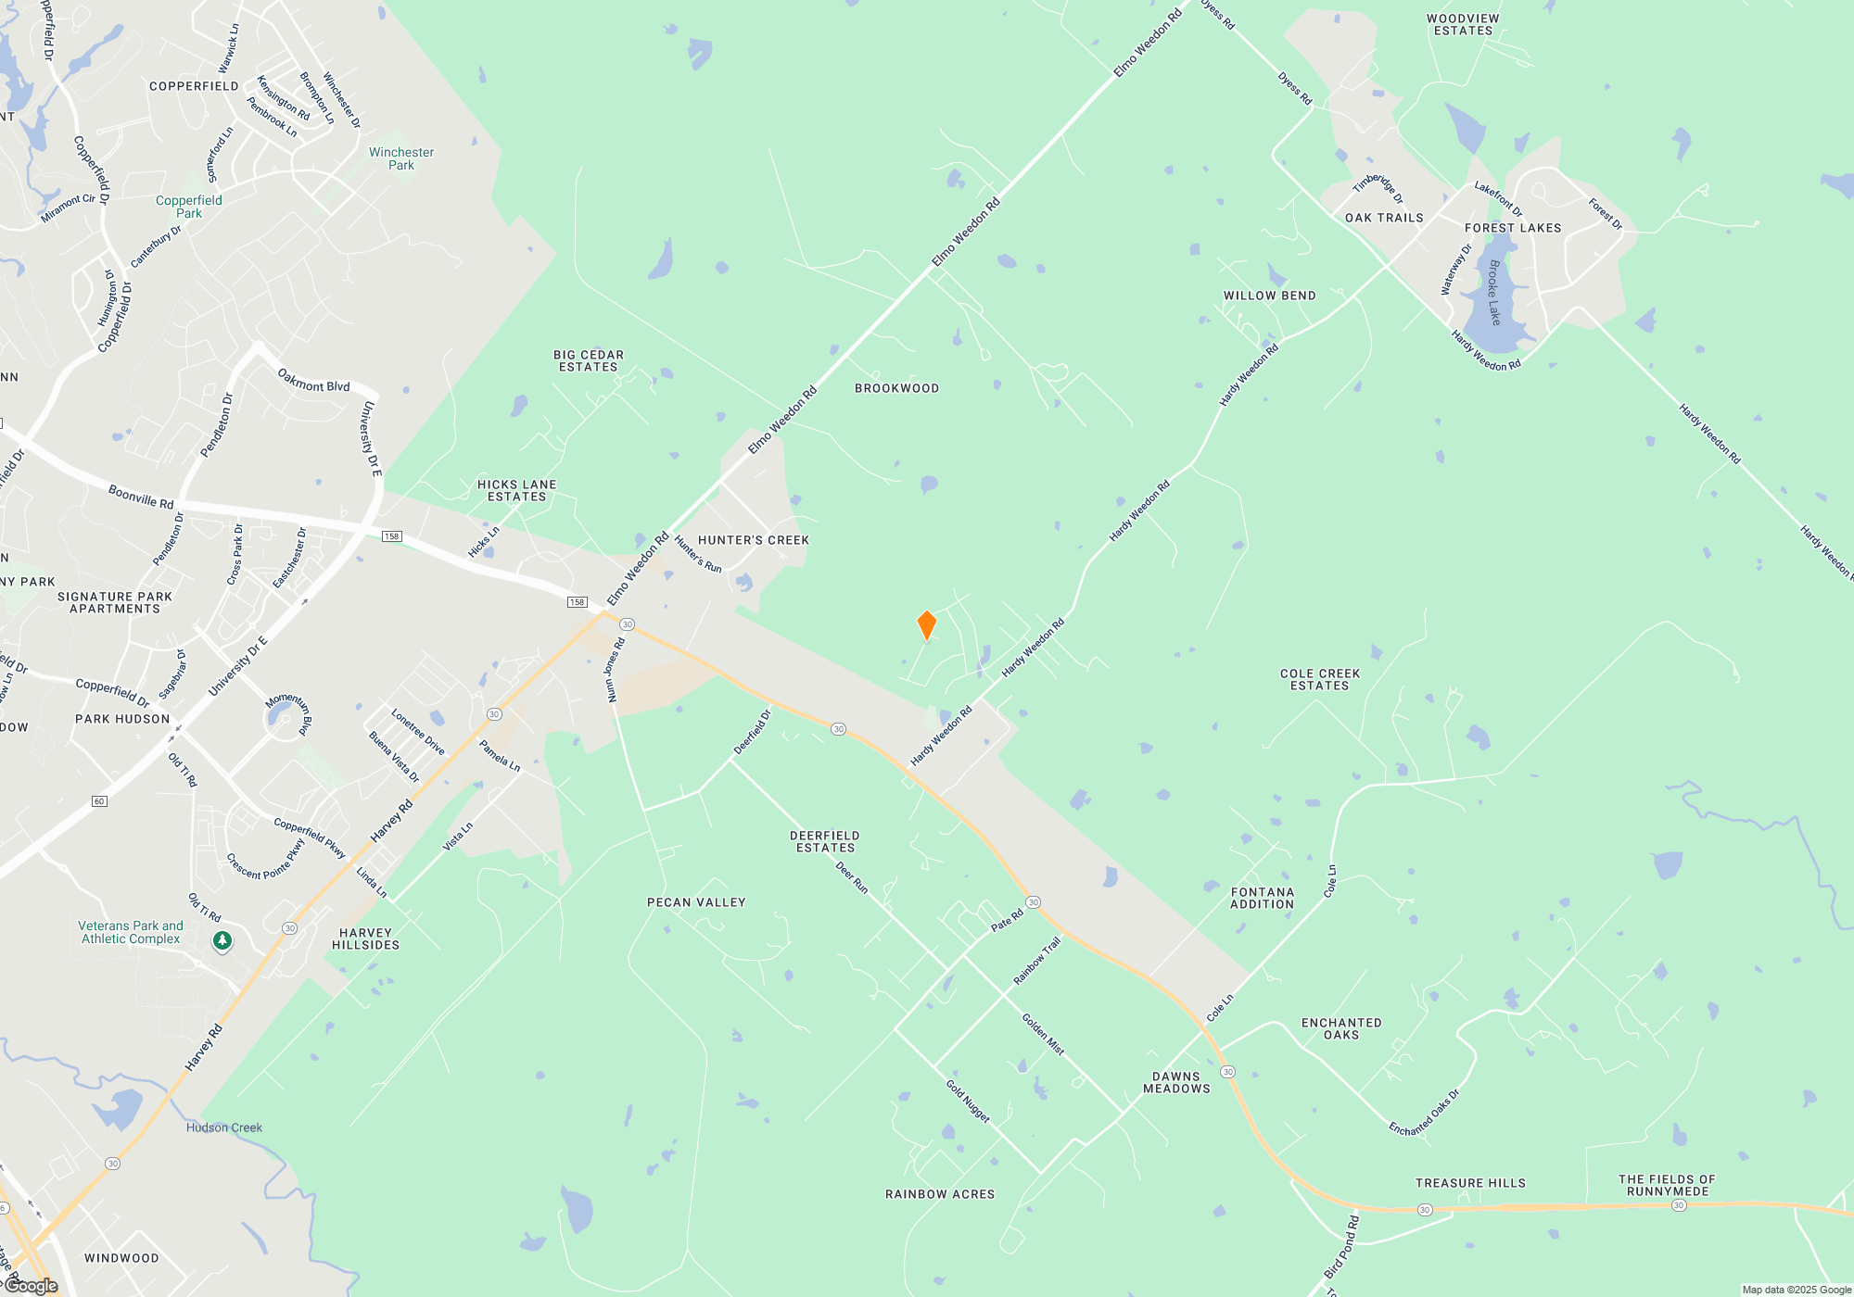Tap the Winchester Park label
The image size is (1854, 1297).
tap(401, 158)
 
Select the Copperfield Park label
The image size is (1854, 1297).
tap(189, 207)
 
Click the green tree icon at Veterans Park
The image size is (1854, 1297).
tap(222, 941)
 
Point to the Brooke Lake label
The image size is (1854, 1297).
tap(1493, 293)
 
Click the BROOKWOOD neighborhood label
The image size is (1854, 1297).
tap(896, 388)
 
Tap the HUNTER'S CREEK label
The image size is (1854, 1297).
tap(754, 540)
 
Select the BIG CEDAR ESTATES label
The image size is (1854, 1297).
tap(589, 361)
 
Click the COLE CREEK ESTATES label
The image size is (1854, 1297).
tap(1320, 680)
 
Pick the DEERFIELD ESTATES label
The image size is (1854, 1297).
tap(825, 841)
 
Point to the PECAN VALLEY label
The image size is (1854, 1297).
tap(696, 902)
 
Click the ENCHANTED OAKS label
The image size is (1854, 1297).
tap(1341, 1028)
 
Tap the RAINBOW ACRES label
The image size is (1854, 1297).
tap(940, 1194)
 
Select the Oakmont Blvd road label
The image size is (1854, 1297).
tap(313, 381)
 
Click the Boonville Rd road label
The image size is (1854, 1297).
tap(141, 497)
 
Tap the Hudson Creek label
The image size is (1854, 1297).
tap(224, 1127)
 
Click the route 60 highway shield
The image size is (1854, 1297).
tap(100, 801)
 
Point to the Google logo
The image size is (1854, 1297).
tap(32, 1285)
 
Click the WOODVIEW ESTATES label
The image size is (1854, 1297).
tap(1463, 25)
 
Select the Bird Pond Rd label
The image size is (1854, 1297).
tap(1341, 1247)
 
